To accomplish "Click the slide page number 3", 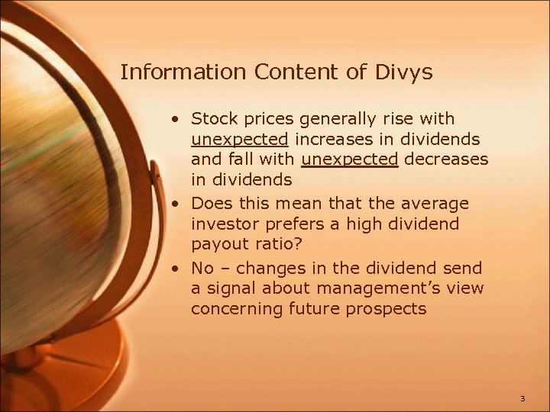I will coord(522,398).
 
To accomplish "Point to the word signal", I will coord(230,288).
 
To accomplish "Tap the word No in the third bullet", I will coord(202,268).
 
